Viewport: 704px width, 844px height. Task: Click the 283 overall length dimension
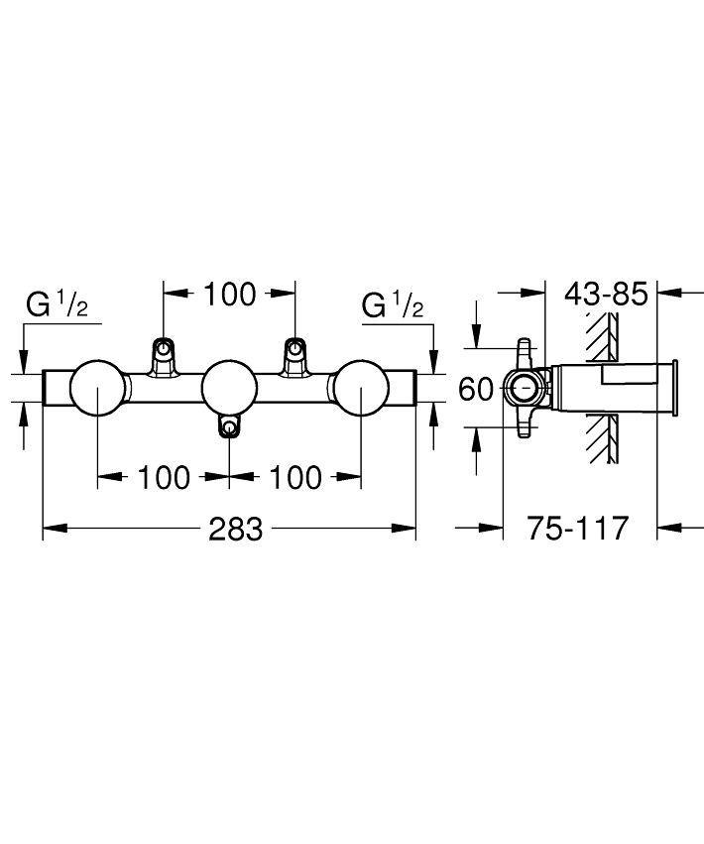(236, 530)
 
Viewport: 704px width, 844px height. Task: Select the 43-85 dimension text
(606, 294)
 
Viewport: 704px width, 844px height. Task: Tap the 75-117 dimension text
(577, 528)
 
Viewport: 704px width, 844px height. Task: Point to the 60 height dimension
(476, 389)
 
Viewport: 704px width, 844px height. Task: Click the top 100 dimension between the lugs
(230, 295)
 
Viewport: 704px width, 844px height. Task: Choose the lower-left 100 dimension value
(164, 477)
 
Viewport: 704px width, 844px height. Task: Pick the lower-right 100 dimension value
(295, 477)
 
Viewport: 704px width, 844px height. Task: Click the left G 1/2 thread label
(57, 304)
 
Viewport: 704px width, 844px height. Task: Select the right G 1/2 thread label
(393, 304)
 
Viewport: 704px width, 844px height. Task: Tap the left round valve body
(97, 388)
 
